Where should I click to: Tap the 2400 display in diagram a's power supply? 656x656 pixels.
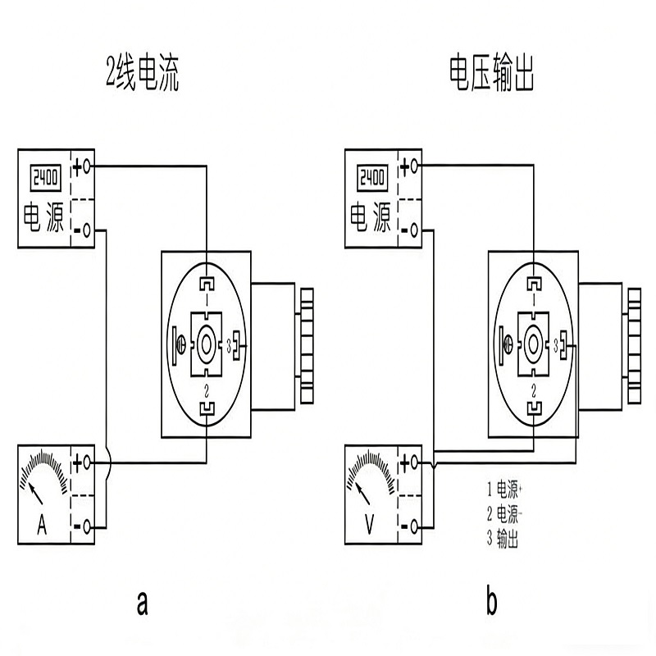click(x=47, y=175)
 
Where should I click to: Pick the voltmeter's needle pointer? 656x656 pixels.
click(x=361, y=492)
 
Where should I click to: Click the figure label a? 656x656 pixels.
click(x=143, y=604)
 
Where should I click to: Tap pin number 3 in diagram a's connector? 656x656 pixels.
click(x=228, y=342)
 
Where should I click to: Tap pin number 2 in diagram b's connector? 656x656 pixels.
click(x=534, y=386)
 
